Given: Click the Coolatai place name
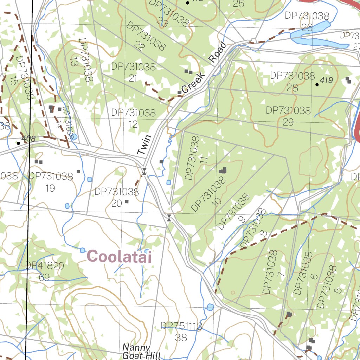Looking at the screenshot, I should point(120,256).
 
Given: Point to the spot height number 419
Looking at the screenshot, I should point(326,81).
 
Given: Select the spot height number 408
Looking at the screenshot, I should point(28,139).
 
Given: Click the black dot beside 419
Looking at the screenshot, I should point(317,84).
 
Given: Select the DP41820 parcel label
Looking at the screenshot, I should point(45,266).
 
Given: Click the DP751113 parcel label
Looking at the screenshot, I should point(181,326).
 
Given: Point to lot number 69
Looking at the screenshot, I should point(44,278).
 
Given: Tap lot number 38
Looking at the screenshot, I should point(181,338).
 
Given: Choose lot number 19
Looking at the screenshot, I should point(50,188).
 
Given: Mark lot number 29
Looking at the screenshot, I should point(288,122).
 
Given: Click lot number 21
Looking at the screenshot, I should point(133,78).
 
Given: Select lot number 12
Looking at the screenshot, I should point(133,124).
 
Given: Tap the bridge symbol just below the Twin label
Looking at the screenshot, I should point(144,172).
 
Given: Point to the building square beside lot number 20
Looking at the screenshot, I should point(127,202).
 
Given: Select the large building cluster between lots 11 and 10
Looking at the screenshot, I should point(223,171).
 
